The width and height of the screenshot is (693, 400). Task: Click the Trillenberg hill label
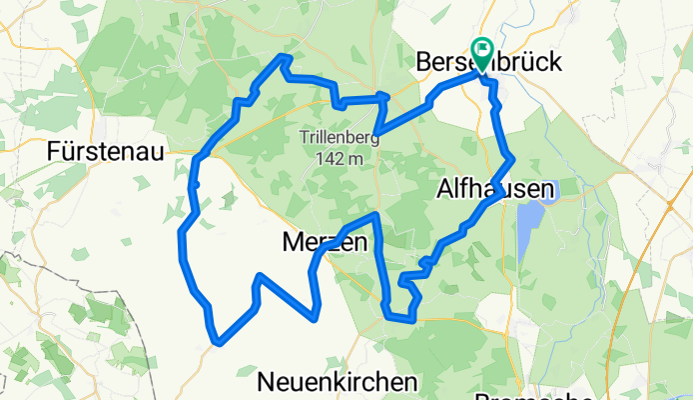(x=340, y=138)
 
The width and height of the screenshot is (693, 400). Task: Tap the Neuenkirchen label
(x=337, y=382)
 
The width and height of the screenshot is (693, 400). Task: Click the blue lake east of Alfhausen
(x=525, y=225)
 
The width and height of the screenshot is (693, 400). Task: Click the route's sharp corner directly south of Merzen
(x=316, y=319)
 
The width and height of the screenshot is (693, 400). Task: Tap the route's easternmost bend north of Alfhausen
(x=511, y=157)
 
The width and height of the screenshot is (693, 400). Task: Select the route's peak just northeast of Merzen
(x=374, y=215)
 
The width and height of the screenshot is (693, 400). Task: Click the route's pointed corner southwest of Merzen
(x=260, y=276)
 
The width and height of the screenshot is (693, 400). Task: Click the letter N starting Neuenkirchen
(x=267, y=382)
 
